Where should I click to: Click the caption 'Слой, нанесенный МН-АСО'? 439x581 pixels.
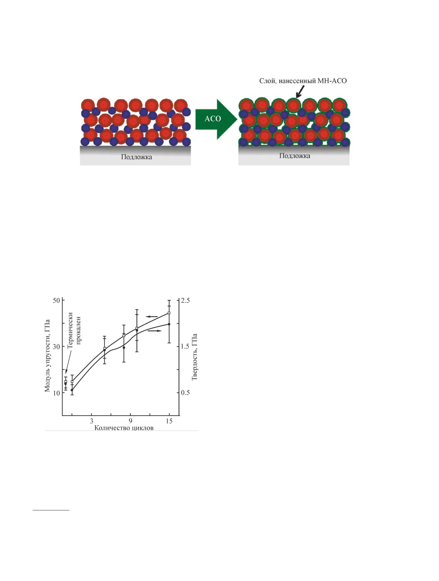(x=303, y=81)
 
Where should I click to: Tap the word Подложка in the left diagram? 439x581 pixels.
(x=136, y=157)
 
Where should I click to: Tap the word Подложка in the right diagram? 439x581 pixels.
(x=295, y=156)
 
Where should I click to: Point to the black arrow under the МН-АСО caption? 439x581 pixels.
(x=299, y=91)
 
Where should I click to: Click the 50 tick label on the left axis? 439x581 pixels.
(x=56, y=300)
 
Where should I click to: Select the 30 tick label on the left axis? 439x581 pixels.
(x=56, y=347)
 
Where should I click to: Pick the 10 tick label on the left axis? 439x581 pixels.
(x=56, y=393)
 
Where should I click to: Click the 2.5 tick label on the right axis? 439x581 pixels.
(x=186, y=300)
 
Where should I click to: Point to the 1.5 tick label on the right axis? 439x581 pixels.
(x=186, y=347)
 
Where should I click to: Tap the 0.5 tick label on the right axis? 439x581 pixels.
(x=186, y=393)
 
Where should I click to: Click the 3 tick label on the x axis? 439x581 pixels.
(x=92, y=421)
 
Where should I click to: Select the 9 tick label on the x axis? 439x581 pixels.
(x=130, y=421)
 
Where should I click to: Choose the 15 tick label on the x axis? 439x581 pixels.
(x=169, y=421)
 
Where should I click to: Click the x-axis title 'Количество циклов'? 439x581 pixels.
(x=124, y=428)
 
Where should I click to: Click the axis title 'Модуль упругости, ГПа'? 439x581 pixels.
(x=48, y=356)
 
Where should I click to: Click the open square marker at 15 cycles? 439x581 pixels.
(x=169, y=313)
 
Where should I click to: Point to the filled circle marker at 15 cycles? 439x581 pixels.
(x=169, y=324)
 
